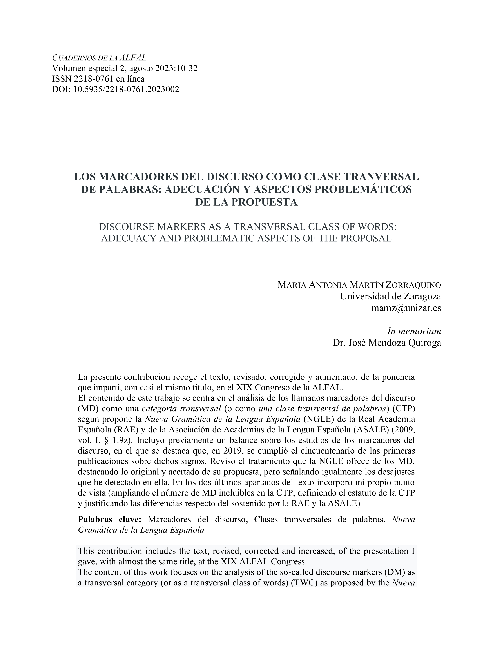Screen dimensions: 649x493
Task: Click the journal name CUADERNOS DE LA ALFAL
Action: click(x=99, y=58)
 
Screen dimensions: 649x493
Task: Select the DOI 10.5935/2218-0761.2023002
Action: click(x=126, y=89)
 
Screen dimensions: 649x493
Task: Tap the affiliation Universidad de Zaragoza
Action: click(x=390, y=296)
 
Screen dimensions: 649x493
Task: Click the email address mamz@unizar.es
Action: click(x=406, y=308)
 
